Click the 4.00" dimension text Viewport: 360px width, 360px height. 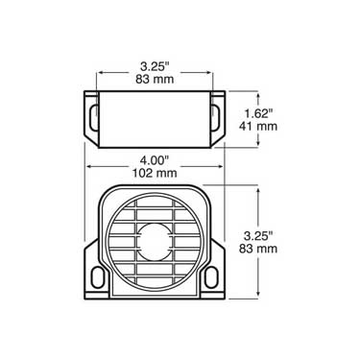point(155,160)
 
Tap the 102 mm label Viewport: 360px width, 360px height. point(155,173)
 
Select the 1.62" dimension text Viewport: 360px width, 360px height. point(258,113)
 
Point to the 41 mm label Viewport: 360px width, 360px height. point(258,126)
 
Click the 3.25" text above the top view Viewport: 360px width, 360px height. point(155,66)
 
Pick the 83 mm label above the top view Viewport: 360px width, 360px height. point(155,80)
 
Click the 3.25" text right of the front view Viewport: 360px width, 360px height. point(258,236)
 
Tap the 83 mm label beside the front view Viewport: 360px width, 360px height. point(258,249)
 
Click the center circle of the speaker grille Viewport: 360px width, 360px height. point(155,242)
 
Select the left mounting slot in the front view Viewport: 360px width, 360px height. point(97,277)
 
